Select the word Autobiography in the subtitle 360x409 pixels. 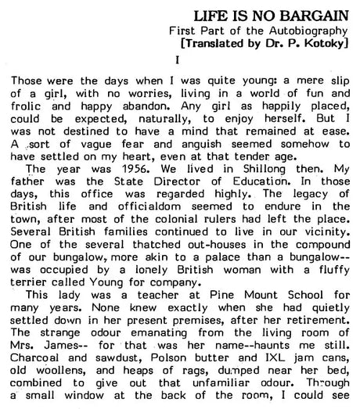(311, 30)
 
